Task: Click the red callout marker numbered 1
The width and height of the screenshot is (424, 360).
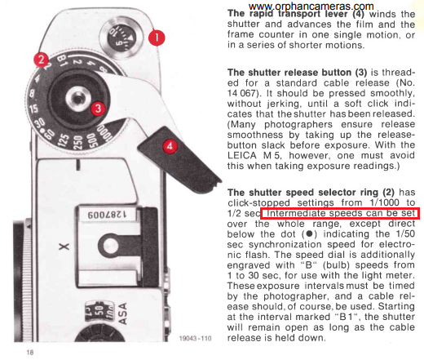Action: pos(157,38)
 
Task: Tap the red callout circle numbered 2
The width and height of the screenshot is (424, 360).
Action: pos(41,60)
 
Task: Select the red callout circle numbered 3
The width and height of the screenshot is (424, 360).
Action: pos(98,109)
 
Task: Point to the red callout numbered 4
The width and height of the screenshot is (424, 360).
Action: pos(170,146)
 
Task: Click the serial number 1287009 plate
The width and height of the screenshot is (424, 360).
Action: pos(107,214)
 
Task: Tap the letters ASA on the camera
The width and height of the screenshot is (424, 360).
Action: pos(123,313)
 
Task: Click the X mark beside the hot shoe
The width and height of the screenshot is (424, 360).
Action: pos(64,247)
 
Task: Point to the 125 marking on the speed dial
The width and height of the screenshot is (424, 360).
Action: pos(64,140)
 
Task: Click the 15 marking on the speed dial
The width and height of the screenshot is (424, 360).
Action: pos(33,109)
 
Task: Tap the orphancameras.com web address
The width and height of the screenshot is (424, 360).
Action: pos(311,6)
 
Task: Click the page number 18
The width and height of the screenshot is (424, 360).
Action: pos(30,353)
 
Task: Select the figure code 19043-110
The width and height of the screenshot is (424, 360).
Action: pos(195,338)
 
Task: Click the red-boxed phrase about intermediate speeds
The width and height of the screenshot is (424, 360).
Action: pos(340,213)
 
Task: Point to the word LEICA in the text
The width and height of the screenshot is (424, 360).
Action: pos(241,155)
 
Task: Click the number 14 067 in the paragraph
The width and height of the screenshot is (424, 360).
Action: pos(241,93)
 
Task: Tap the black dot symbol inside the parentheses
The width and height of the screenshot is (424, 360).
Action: pos(309,233)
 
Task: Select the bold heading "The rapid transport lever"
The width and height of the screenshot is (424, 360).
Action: pos(296,13)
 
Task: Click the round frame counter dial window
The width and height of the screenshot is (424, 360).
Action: pos(121,38)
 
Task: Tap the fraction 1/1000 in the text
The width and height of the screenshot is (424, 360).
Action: pos(384,202)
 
